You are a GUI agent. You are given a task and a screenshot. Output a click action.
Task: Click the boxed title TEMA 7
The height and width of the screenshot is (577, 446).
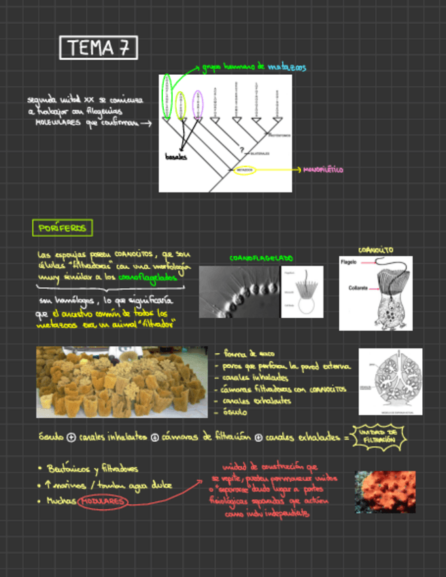point(99,48)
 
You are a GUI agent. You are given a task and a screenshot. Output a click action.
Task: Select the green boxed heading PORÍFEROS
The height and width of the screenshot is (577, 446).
point(63,228)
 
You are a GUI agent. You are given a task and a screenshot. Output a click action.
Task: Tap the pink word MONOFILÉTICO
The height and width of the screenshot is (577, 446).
point(323,169)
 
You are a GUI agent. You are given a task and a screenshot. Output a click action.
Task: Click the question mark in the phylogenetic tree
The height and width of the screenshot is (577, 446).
point(241,150)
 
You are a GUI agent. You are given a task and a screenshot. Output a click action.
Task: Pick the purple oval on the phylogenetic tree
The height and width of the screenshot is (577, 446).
point(197,105)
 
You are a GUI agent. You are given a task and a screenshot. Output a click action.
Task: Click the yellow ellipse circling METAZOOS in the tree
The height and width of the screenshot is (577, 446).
point(245,169)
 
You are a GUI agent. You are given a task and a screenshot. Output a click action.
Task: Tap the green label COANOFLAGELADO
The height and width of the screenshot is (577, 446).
point(261,259)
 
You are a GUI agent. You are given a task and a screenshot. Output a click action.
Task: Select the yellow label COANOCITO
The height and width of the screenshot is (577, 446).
point(375,250)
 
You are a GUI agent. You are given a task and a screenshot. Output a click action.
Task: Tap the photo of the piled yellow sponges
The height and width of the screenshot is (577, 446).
point(122,382)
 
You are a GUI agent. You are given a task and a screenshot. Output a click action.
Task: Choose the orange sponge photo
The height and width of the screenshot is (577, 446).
point(385,492)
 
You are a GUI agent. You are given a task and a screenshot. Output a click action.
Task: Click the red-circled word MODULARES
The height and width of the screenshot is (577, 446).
point(103,502)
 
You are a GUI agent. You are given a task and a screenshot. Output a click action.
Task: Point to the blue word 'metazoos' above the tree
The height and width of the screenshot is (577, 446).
point(286,67)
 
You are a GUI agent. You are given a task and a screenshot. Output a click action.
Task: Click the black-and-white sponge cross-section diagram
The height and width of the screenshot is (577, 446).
point(390,380)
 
